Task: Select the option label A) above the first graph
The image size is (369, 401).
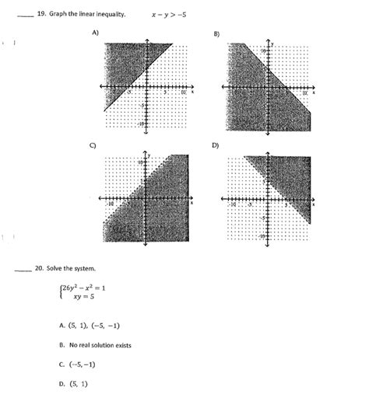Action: [95, 33]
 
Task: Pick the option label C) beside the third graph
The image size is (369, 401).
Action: [93, 145]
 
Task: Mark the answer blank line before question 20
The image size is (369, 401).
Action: [19, 271]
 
